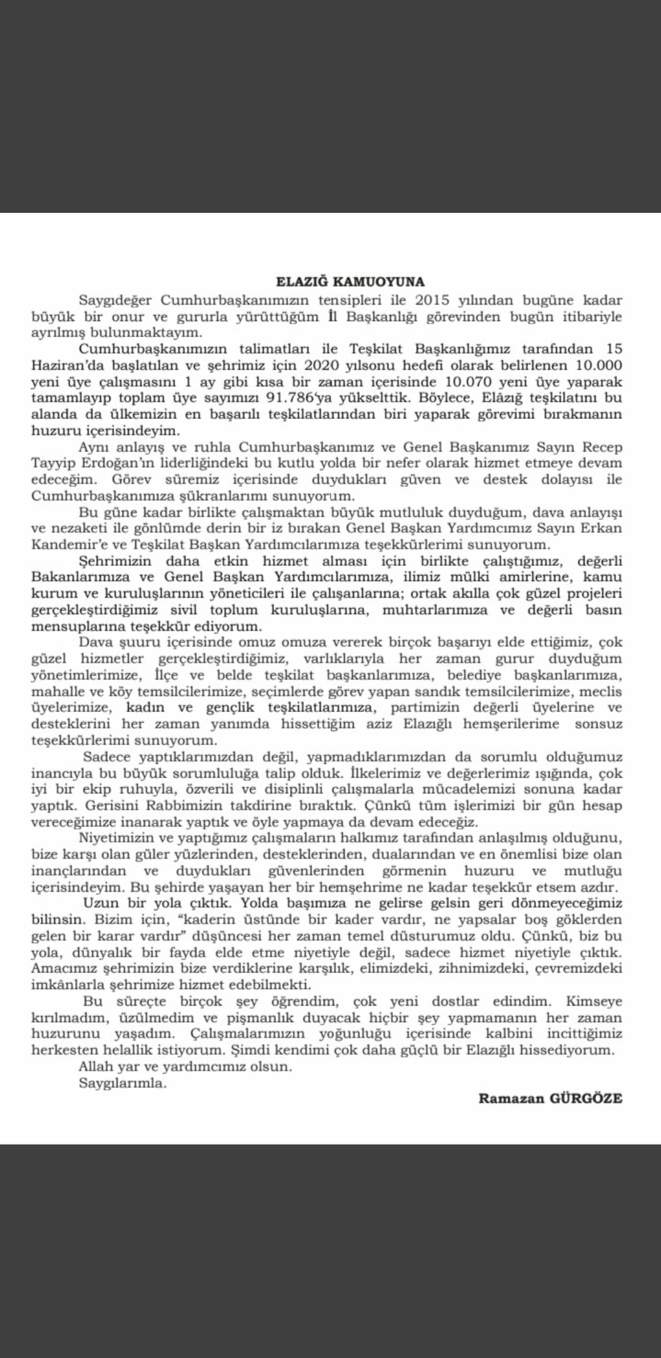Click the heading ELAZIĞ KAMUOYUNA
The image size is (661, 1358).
tap(350, 282)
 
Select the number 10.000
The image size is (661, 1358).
tap(600, 365)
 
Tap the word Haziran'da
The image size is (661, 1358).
tap(65, 365)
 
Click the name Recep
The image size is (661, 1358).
tap(600, 447)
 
